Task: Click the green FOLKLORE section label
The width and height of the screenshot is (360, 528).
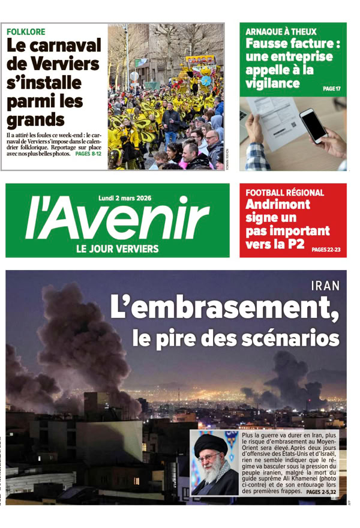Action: point(26,31)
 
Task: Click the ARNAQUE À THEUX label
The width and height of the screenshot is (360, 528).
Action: point(281,31)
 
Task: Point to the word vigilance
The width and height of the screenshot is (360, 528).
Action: point(272,83)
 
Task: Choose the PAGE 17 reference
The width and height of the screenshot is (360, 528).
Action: point(331,89)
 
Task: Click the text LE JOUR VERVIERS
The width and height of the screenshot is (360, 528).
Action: point(117,248)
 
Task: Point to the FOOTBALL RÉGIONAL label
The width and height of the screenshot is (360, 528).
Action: point(285,193)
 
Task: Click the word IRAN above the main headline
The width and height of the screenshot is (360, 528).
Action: point(326,286)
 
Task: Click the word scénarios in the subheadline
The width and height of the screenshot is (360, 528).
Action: point(293,338)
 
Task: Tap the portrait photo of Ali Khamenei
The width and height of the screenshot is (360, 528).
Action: point(214,463)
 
